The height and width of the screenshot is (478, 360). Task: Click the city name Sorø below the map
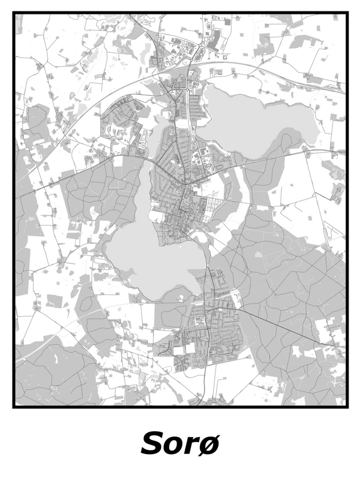click(180, 444)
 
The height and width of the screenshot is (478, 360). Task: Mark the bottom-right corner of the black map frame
click(347, 407)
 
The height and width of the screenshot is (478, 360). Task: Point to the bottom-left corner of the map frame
click(14, 407)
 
